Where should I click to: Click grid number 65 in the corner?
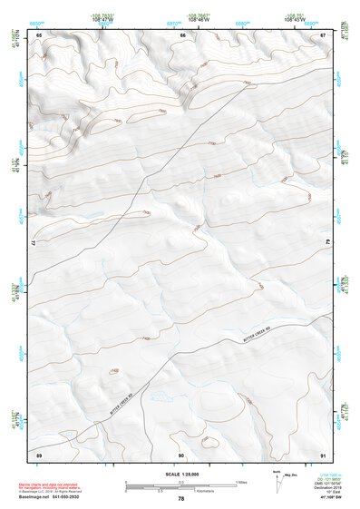pos(39,35)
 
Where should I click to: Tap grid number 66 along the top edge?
pos(182,35)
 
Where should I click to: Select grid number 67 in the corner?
pos(324,35)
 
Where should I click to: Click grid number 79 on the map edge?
pos(328,241)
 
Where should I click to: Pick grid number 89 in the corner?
pos(39,454)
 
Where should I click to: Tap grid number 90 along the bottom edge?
pos(181,454)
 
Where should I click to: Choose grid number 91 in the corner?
pos(324,454)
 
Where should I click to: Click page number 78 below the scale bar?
pos(180,499)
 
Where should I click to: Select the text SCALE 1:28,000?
pos(180,475)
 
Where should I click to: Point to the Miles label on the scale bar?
pos(241,481)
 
